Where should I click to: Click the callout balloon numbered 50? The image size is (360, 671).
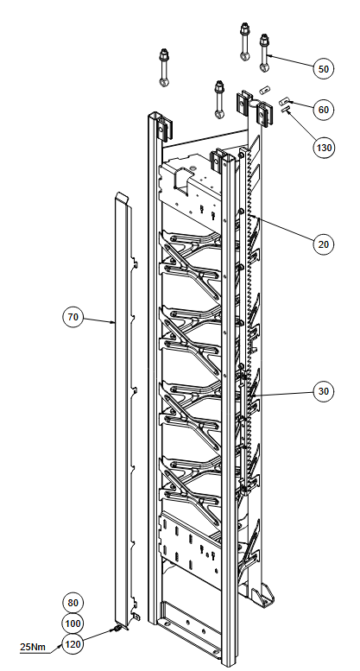[x=323, y=68]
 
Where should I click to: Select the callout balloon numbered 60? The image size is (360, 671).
[x=323, y=110]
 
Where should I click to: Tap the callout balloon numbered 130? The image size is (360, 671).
[x=323, y=148]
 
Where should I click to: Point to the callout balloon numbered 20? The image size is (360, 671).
[x=323, y=244]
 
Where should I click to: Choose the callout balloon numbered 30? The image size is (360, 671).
[x=323, y=391]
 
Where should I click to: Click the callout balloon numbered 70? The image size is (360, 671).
[x=73, y=317]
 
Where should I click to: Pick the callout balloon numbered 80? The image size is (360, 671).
[x=73, y=603]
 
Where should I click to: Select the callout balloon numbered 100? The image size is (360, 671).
[x=73, y=624]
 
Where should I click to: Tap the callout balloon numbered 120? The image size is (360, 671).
[x=73, y=643]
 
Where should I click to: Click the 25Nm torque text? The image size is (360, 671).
[x=33, y=647]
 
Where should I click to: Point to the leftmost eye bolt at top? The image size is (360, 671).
[x=164, y=68]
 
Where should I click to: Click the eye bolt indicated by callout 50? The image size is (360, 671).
[x=264, y=53]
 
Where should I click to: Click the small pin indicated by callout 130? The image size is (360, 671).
[x=285, y=110]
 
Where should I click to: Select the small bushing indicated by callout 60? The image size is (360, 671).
[x=283, y=102]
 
